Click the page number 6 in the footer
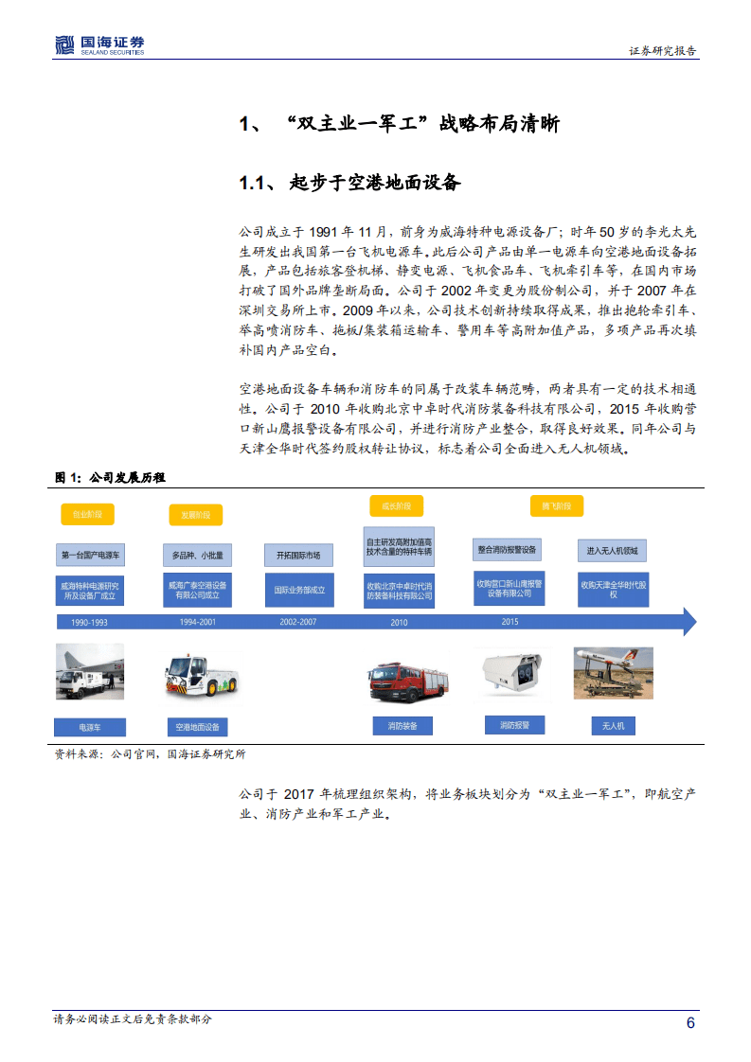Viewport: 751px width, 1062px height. pos(690,1022)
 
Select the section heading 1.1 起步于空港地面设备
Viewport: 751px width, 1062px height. pos(349,183)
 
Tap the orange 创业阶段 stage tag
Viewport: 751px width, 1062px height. pos(88,514)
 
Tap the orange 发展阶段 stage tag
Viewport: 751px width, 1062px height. pos(196,514)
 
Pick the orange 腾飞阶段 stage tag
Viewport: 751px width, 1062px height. pos(557,505)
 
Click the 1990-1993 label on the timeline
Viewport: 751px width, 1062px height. pos(82,622)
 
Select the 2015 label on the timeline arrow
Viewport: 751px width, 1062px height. pos(510,622)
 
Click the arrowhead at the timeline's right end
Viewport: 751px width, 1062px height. pos(688,622)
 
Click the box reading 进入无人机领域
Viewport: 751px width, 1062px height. pos(612,550)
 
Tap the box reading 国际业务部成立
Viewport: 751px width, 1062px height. pos(298,590)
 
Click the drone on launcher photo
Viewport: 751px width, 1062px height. pos(613,673)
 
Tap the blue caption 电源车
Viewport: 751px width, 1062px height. pos(89,727)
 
